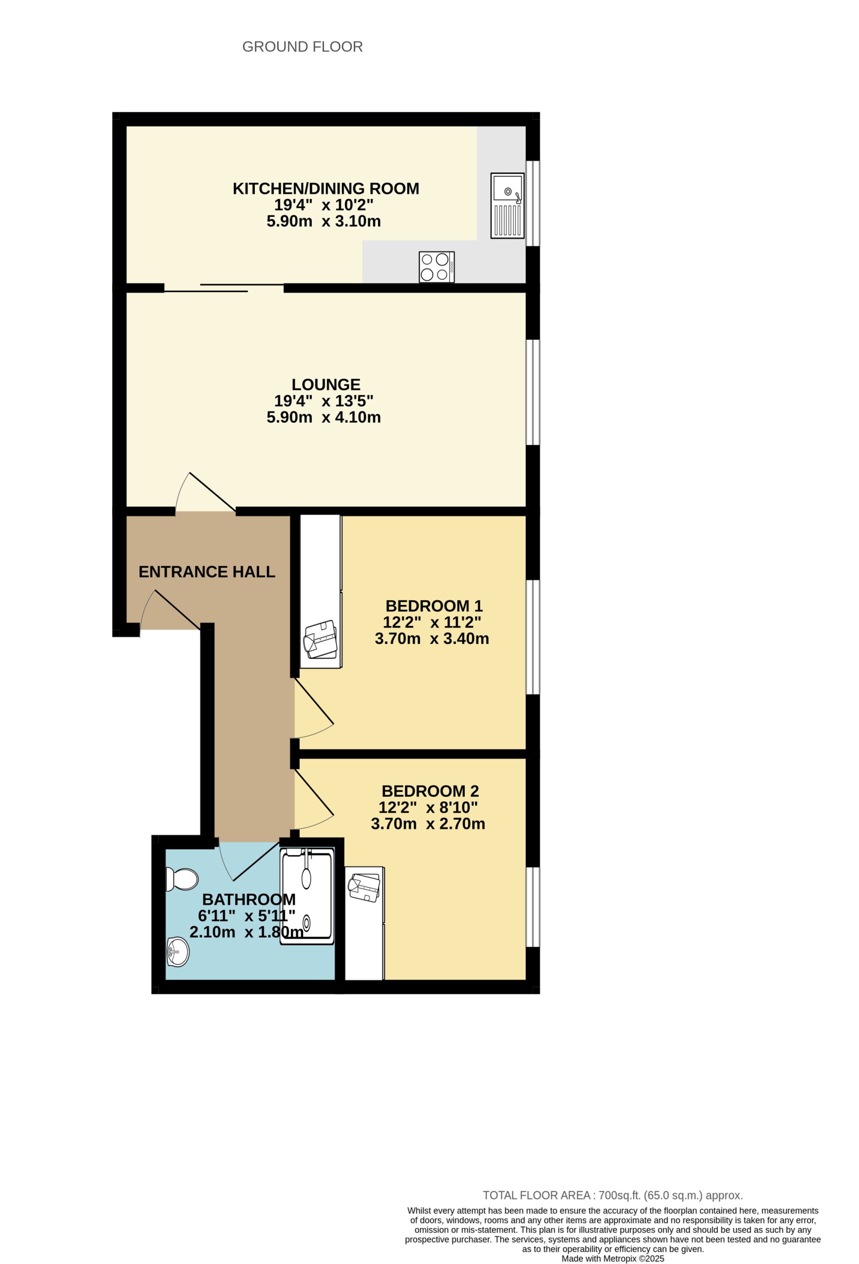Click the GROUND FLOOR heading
pos(302,47)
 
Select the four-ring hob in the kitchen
pos(436,267)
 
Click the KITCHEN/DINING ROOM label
pos(326,188)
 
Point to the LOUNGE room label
pos(326,384)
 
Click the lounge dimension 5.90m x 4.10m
pos(323,417)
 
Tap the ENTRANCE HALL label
pos(207,571)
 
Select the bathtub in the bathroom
pos(306,898)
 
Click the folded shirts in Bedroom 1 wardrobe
pos(321,638)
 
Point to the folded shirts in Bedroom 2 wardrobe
pos(364,888)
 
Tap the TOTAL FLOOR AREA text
pos(612,1195)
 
